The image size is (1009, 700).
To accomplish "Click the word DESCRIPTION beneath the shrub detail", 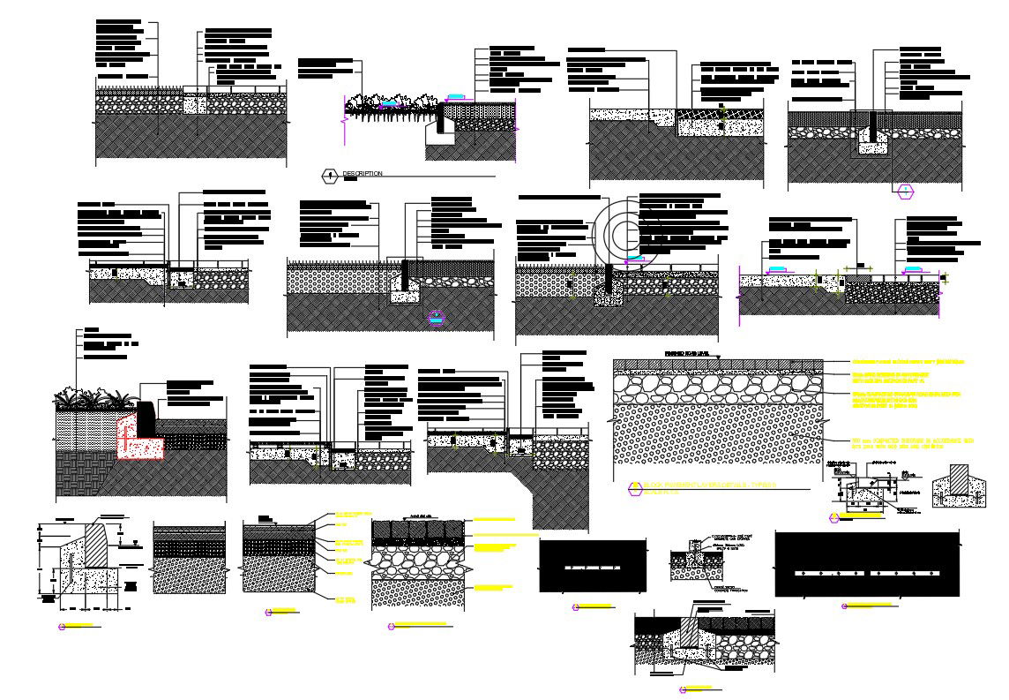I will [362, 174].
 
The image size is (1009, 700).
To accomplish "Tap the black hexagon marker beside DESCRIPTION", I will [330, 176].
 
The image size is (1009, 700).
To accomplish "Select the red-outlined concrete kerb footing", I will [141, 441].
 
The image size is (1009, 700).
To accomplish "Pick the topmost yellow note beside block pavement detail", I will [908, 362].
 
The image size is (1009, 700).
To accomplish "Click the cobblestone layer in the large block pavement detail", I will [719, 388].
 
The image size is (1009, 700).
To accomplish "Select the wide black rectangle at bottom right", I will [867, 564].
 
